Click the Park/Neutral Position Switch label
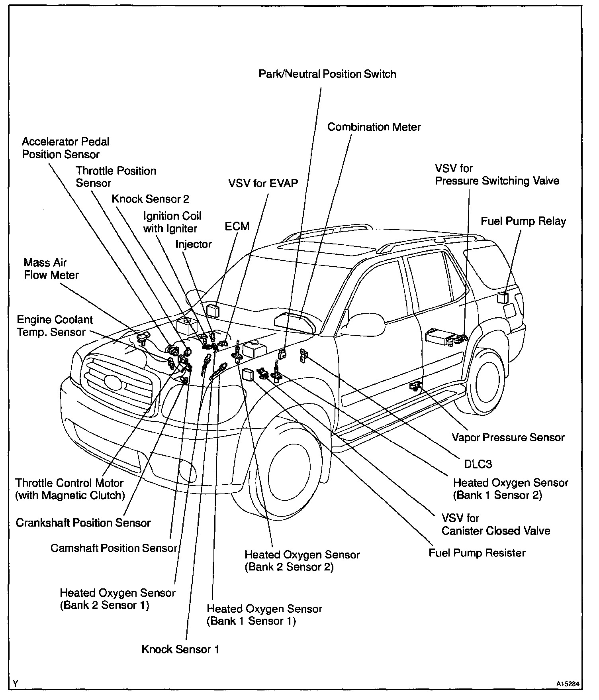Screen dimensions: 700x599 [x=327, y=74]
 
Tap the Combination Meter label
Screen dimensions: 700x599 [x=374, y=127]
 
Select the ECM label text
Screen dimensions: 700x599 [x=237, y=226]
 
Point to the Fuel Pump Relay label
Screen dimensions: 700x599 [x=523, y=221]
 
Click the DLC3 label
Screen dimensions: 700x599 [x=478, y=464]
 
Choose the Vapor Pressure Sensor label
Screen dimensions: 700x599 [x=508, y=437]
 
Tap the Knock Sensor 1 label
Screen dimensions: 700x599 [x=180, y=649]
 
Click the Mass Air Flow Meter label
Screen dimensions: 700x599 [x=51, y=269]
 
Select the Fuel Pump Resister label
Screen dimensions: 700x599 [x=477, y=553]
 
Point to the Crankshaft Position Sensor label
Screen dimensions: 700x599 [x=83, y=523]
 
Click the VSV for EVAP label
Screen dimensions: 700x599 [x=263, y=183]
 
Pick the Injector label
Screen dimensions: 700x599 [x=194, y=244]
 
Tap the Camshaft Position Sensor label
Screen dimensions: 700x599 [x=114, y=548]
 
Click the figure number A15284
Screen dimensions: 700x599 [x=569, y=683]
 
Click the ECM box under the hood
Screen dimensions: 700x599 [x=213, y=310]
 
